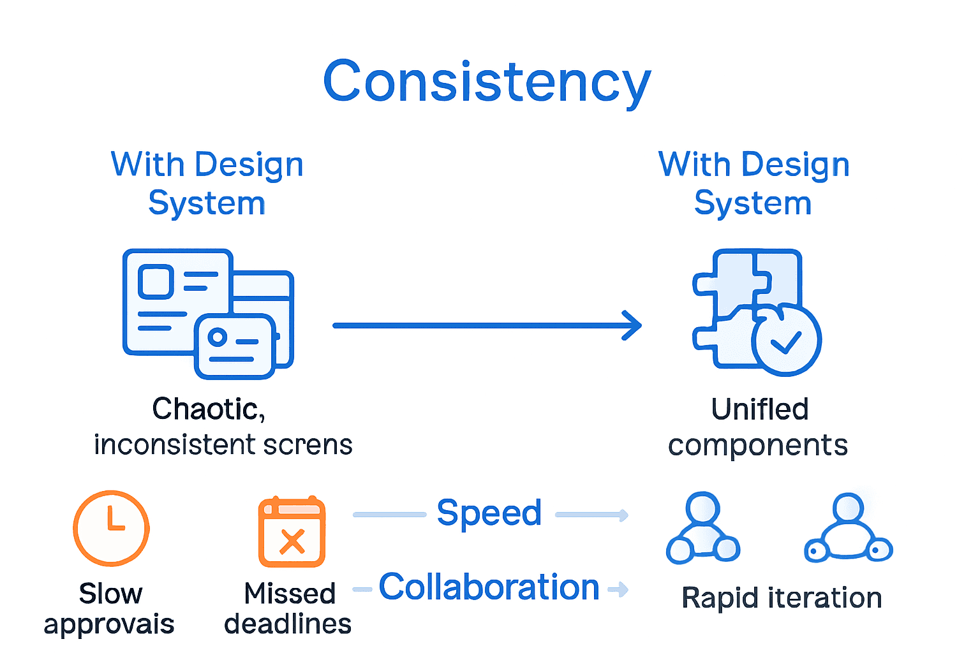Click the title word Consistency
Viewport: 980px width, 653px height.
(x=487, y=82)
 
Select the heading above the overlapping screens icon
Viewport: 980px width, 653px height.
(x=207, y=184)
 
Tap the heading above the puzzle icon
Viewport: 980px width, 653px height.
(x=754, y=184)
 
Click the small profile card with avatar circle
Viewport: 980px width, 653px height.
(x=235, y=346)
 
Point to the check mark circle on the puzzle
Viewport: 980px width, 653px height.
(x=786, y=342)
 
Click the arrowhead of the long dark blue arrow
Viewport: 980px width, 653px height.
(x=633, y=326)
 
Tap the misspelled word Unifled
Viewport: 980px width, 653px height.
(x=759, y=409)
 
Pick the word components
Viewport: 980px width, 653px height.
(x=757, y=445)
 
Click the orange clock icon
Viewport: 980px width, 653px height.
(x=112, y=528)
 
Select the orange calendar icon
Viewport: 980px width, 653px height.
(x=292, y=532)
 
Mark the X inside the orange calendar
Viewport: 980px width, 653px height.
(x=292, y=541)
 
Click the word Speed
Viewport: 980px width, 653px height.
(x=489, y=513)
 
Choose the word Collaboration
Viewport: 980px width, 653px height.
(x=489, y=587)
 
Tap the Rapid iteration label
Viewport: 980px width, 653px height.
(x=782, y=598)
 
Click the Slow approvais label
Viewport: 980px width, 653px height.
(x=109, y=609)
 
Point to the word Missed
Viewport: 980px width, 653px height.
(x=290, y=594)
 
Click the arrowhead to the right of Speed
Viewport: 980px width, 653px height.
(x=623, y=515)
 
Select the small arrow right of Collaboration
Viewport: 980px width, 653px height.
(x=620, y=589)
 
